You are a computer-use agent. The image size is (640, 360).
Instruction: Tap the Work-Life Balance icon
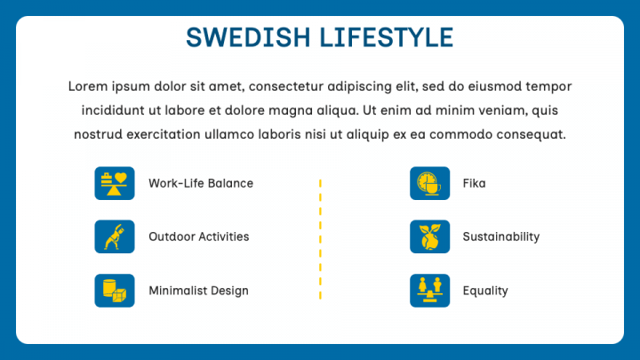(115, 183)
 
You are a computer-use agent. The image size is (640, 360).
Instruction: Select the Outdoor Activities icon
(115, 236)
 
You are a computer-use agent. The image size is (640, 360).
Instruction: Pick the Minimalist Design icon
(115, 291)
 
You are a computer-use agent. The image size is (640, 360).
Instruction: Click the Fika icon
(429, 183)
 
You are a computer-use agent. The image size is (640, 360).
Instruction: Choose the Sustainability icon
(429, 236)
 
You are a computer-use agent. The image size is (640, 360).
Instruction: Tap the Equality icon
(429, 291)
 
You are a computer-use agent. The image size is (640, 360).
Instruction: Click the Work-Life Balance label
(201, 183)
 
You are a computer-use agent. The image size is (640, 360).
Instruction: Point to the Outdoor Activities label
(198, 236)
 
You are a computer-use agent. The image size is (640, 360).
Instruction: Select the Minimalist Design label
(198, 291)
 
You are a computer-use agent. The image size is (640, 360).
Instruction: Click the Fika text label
(474, 183)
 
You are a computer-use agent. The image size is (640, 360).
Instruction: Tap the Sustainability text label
(500, 236)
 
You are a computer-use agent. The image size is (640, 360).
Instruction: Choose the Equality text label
(485, 291)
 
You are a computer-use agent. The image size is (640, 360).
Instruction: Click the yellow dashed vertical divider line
(320, 238)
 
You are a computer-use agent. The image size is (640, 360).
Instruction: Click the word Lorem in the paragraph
(86, 86)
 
